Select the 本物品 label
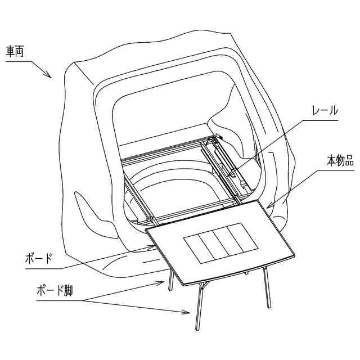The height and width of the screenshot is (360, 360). (x=340, y=161)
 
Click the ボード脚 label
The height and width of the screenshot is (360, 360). (x=54, y=292)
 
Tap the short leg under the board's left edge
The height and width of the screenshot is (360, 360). (x=169, y=281)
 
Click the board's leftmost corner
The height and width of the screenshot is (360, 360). (x=146, y=229)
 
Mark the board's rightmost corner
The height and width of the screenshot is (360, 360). (x=295, y=256)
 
